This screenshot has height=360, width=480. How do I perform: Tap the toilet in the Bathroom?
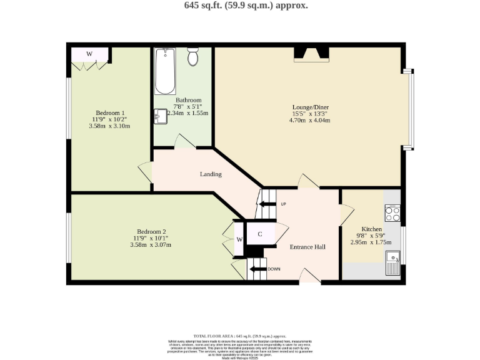pyautogui.click(x=192, y=57)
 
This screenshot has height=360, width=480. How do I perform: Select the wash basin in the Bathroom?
pyautogui.click(x=161, y=115)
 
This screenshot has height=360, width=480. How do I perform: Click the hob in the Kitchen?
pyautogui.click(x=392, y=214)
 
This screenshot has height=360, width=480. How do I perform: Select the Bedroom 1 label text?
pyautogui.click(x=110, y=112)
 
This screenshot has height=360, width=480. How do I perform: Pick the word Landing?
pyautogui.click(x=211, y=174)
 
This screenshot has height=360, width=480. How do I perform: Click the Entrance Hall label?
pyautogui.click(x=307, y=247)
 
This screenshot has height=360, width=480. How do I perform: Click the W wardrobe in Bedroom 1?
pyautogui.click(x=89, y=54)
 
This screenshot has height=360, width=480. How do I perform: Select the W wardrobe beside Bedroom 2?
pyautogui.click(x=239, y=239)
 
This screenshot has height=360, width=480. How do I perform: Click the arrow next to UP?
pyautogui.click(x=268, y=204)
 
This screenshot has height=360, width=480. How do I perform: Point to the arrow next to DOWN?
pyautogui.click(x=256, y=269)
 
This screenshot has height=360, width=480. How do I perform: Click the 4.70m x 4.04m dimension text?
pyautogui.click(x=309, y=120)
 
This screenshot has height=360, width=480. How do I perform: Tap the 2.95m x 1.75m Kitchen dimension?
pyautogui.click(x=371, y=242)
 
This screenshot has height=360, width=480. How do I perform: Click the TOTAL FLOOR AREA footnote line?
pyautogui.click(x=239, y=336)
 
